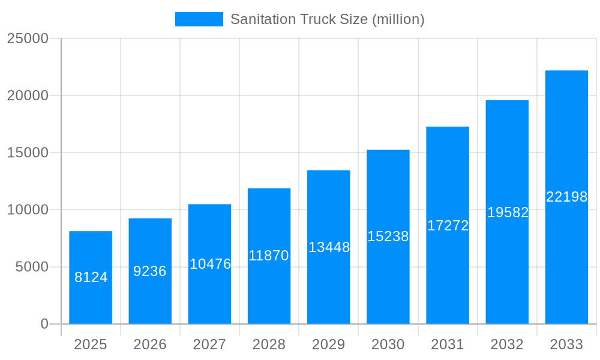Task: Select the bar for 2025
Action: (x=91, y=252)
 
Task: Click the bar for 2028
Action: (x=269, y=288)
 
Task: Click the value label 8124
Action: (x=91, y=277)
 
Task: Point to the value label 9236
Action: (x=150, y=271)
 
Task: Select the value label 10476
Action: (x=210, y=264)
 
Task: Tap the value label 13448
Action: (x=329, y=247)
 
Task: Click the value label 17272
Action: (x=448, y=226)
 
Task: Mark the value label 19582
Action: (x=508, y=212)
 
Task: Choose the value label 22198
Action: (x=566, y=197)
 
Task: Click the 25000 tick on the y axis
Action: (x=28, y=38)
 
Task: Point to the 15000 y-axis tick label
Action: (x=28, y=152)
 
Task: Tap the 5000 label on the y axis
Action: (x=32, y=267)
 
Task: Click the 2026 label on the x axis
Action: (x=150, y=344)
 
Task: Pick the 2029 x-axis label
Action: (x=329, y=344)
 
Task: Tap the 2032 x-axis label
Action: (x=507, y=344)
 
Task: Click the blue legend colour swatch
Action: (x=199, y=19)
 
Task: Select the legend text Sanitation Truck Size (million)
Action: (x=327, y=19)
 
